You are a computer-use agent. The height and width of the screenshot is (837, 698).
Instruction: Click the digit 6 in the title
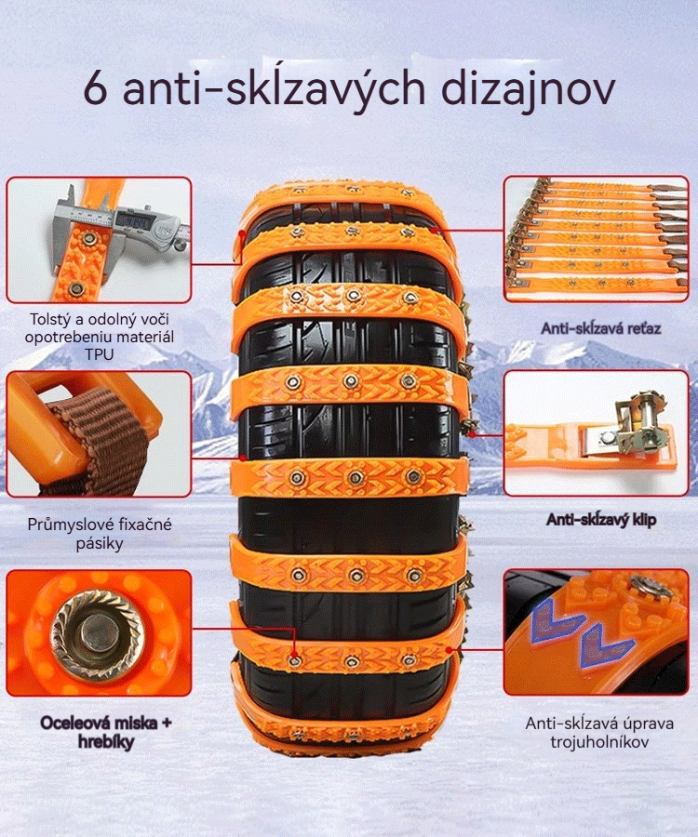point(96,89)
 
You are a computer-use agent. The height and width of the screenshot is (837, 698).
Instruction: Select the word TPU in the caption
point(100,354)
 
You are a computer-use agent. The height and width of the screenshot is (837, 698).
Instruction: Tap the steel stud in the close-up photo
point(97,633)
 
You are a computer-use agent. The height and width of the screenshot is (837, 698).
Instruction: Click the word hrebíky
point(106,741)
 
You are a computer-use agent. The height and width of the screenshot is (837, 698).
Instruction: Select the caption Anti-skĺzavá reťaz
point(601,327)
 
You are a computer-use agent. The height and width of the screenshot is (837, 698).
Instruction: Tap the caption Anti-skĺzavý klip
point(601,519)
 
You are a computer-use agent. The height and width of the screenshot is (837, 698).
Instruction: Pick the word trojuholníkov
point(599,741)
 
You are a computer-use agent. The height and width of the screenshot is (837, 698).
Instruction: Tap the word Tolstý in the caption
point(47,319)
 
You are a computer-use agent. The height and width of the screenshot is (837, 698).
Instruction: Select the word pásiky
point(100,544)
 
